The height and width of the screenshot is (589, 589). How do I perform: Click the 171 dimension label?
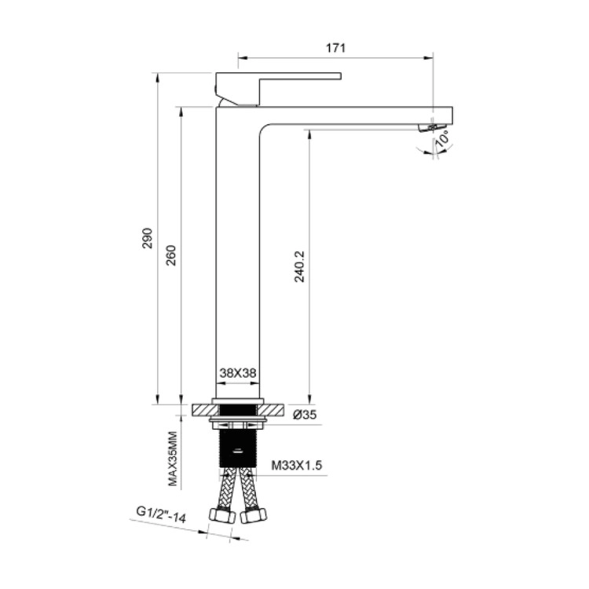pos(335,48)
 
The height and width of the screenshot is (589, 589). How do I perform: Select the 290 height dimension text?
pos(148,238)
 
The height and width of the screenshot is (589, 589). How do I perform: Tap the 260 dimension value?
pos(171,255)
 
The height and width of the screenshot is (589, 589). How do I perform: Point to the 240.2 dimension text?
pos(299,267)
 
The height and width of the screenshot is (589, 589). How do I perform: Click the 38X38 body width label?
pos(238,373)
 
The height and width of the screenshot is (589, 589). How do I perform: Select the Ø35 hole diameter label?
pos(305,415)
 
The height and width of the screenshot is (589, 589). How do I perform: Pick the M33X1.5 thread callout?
pos(297,466)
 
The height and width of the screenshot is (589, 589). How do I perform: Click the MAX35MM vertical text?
pos(173,459)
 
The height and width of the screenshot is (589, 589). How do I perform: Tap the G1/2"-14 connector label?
pos(161,514)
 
